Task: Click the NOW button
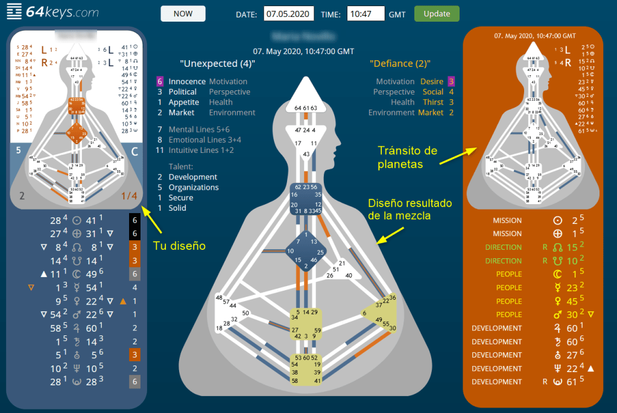(x=183, y=13)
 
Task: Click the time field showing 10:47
(x=366, y=13)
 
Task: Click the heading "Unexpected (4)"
(x=217, y=63)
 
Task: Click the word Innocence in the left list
(x=187, y=81)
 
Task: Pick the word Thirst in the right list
(x=433, y=102)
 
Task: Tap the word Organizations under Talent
(x=194, y=187)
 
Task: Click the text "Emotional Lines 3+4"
(x=205, y=140)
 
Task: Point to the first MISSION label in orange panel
(x=507, y=221)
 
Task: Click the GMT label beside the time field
(x=397, y=14)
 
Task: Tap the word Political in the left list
(x=183, y=92)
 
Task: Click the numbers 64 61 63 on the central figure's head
(x=306, y=108)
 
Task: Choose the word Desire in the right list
(x=432, y=81)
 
